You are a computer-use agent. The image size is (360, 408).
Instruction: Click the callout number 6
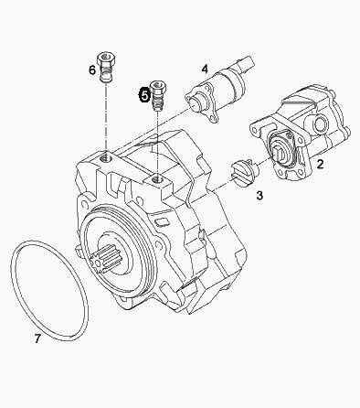[x=92, y=70]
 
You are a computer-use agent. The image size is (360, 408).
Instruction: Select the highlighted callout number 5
[x=144, y=95]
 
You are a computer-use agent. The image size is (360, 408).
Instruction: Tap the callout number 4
[x=205, y=69]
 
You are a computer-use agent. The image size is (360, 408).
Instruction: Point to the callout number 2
[x=320, y=164]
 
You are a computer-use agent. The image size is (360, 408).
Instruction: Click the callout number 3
[x=259, y=195]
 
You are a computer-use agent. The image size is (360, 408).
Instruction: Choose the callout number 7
[x=37, y=338]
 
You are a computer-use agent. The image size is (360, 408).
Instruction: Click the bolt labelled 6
[x=106, y=68]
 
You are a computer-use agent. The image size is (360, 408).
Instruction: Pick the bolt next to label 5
[x=158, y=95]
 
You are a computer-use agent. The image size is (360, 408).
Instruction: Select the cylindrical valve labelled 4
[x=219, y=89]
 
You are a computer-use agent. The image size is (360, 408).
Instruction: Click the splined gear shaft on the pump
[x=105, y=258]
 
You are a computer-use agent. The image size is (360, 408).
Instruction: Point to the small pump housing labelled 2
[x=300, y=134]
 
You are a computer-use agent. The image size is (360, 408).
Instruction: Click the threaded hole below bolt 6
[x=106, y=157]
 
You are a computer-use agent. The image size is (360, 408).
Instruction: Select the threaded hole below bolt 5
[x=157, y=179]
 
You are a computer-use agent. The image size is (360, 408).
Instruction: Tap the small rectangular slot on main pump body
[x=161, y=222]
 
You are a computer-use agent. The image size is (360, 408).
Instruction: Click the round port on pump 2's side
[x=321, y=123]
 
